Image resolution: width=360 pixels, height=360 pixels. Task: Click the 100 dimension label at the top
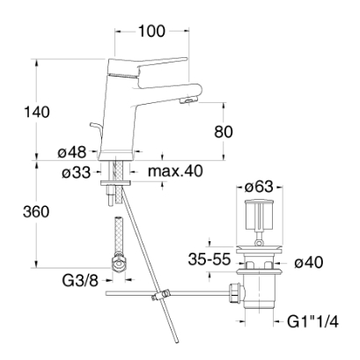click(x=151, y=31)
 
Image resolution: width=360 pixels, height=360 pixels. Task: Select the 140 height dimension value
click(x=37, y=112)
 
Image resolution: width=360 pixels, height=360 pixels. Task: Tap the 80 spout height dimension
click(x=224, y=132)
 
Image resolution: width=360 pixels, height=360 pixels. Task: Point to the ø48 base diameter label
click(x=72, y=152)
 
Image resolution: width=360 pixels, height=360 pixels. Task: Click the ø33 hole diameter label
click(x=77, y=173)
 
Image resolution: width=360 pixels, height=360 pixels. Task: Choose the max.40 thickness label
click(x=175, y=171)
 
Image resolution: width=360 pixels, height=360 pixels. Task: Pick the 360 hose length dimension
click(x=36, y=212)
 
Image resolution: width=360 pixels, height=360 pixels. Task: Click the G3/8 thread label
click(x=80, y=281)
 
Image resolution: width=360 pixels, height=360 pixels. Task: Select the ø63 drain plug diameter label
click(x=259, y=187)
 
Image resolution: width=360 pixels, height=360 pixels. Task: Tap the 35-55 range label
click(x=209, y=260)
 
